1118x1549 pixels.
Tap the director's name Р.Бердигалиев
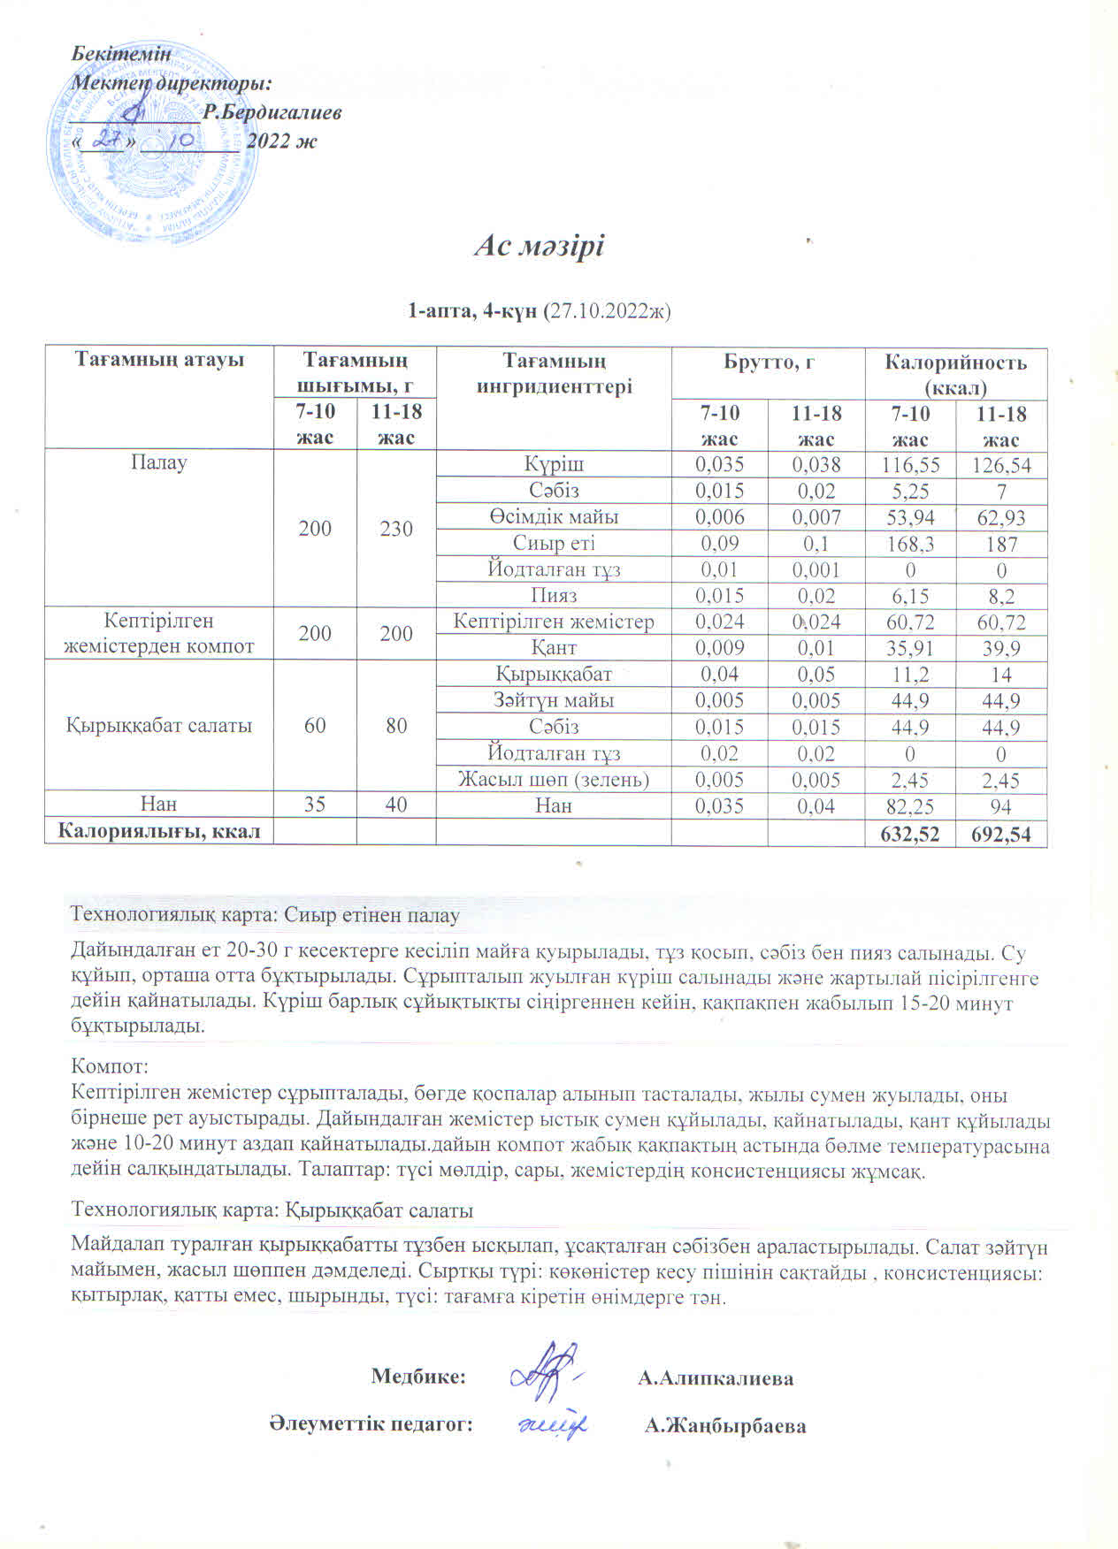tap(272, 112)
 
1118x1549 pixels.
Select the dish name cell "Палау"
tap(159, 462)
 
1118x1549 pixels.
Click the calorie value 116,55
tap(909, 465)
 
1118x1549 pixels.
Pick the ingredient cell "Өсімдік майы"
tap(554, 517)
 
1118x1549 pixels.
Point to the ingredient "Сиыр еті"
tap(554, 544)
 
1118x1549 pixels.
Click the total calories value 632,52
tap(910, 834)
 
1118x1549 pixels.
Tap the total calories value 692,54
tap(1001, 834)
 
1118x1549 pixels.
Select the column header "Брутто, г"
tap(768, 362)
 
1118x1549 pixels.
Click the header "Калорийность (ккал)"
tap(955, 374)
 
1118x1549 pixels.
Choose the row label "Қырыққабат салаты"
tap(159, 726)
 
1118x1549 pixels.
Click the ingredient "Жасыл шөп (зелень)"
tap(554, 780)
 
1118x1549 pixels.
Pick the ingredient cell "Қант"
tap(554, 648)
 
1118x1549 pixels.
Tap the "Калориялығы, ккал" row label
tap(159, 831)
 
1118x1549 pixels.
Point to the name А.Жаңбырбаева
tap(725, 1425)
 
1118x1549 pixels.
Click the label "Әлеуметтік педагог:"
tap(371, 1423)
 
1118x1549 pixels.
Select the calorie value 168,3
tap(909, 544)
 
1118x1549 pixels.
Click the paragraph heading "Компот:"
tap(109, 1067)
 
